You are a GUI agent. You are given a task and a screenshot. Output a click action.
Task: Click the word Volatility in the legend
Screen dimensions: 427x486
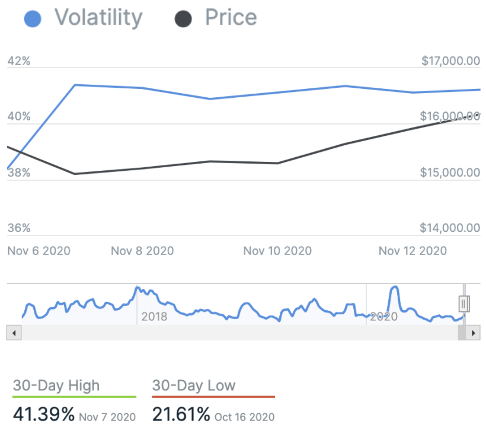point(98,17)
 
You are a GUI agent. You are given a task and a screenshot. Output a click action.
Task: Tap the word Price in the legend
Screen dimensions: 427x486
point(231,17)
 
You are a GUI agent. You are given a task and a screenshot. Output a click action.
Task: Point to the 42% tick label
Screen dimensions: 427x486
point(18,61)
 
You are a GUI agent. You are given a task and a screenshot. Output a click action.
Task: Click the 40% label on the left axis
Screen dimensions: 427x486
point(18,116)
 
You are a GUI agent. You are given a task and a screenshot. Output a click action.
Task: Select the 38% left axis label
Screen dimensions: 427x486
point(18,173)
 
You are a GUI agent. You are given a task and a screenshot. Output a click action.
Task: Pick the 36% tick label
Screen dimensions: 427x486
point(18,228)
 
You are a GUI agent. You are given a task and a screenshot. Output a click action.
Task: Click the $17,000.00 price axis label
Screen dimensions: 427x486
point(450,61)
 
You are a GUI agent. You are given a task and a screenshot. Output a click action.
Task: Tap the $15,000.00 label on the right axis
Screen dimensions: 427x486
point(450,173)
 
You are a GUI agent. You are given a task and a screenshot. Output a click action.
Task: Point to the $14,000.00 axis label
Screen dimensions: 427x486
point(450,228)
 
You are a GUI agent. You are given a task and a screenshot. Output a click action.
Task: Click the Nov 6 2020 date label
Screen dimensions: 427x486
point(39,251)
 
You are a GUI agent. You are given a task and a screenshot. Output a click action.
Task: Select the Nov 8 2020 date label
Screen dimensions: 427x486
point(142,251)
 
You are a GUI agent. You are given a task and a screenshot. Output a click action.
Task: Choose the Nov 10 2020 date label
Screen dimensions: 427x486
point(277,251)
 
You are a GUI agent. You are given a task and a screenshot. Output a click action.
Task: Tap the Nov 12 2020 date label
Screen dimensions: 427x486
point(413,251)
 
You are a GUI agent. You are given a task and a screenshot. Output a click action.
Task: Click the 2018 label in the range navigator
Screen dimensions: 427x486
point(154,316)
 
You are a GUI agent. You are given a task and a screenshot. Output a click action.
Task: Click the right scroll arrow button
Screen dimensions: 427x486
point(473,333)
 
